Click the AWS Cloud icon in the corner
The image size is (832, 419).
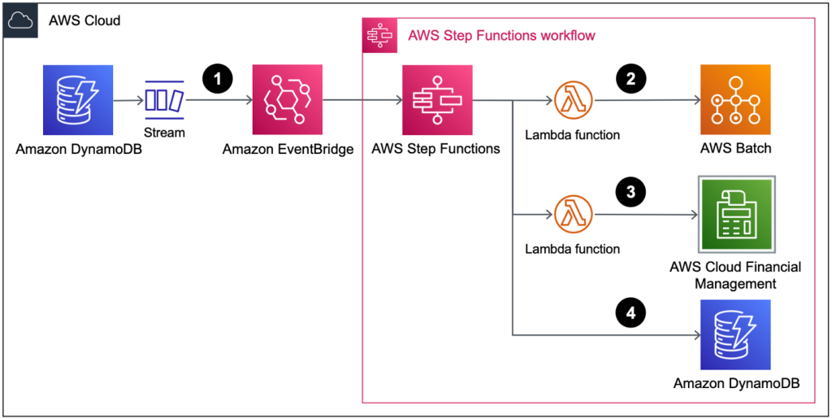pyautogui.click(x=20, y=20)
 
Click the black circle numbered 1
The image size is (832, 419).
pyautogui.click(x=217, y=78)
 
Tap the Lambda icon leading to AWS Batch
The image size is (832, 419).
pyautogui.click(x=574, y=101)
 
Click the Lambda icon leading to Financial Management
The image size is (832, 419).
pyautogui.click(x=574, y=216)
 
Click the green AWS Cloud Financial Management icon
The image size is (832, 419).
pyautogui.click(x=735, y=216)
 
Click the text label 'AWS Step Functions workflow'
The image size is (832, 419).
pyautogui.click(x=501, y=36)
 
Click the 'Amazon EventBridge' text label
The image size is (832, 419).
pyautogui.click(x=288, y=149)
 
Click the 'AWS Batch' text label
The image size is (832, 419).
pyautogui.click(x=735, y=149)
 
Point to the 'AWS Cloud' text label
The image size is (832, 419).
pyautogui.click(x=84, y=20)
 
